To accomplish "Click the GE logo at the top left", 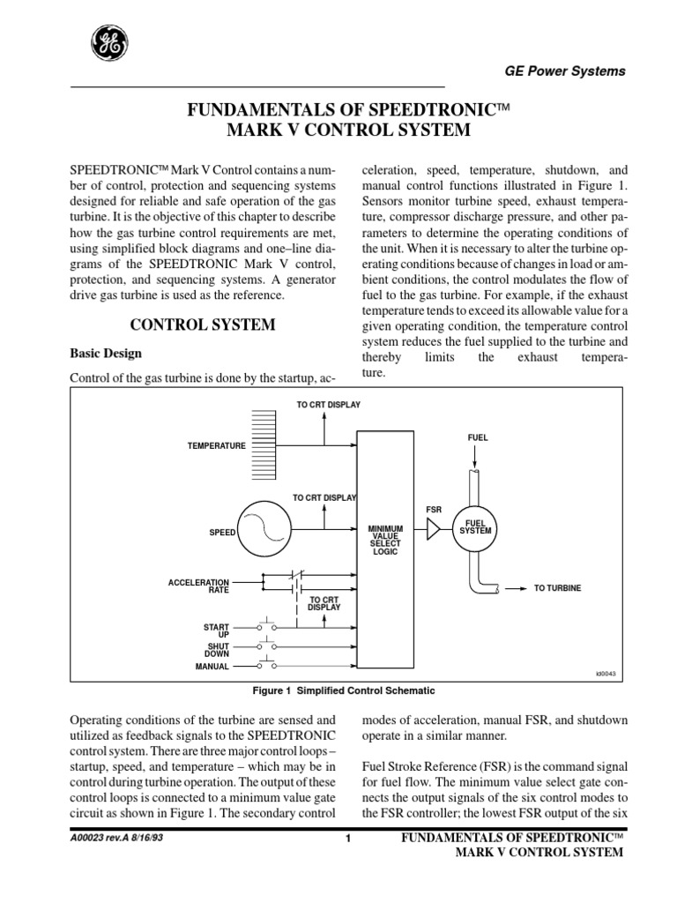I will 107,41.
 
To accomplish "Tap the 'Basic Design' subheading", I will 106,354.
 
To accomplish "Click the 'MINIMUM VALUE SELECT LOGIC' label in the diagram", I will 385,539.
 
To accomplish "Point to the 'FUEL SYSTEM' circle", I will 476,527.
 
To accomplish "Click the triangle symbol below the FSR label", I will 433,528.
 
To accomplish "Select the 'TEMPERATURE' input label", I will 216,446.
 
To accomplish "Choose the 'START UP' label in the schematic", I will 216,630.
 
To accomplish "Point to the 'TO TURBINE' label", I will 557,587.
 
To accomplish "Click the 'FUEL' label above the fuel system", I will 477,437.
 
